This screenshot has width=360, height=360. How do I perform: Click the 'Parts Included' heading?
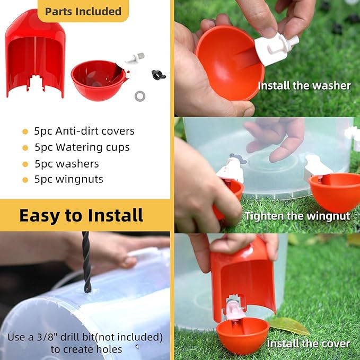coord(83,12)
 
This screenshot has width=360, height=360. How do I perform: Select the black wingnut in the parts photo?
coord(159,75)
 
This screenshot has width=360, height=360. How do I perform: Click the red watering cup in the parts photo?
coord(99,80)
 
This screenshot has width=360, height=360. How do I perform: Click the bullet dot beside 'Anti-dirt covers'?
coord(25,132)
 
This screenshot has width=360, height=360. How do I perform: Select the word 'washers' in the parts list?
coord(77,164)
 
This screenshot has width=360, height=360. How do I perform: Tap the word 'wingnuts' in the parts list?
coord(79,180)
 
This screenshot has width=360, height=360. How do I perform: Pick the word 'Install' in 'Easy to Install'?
coord(116,215)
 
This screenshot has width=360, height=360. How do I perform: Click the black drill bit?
coord(86,262)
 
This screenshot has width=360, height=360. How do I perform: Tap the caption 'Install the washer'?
coord(304,86)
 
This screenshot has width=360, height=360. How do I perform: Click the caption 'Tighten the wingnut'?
coord(297,216)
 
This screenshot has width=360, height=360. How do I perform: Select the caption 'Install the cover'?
coord(309,344)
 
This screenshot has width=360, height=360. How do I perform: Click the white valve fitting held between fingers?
coord(276,48)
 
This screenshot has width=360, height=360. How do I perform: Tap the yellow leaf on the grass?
coord(289,326)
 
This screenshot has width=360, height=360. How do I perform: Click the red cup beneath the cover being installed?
coord(242,336)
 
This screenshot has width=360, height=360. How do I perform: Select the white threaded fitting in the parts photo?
coord(135,58)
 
